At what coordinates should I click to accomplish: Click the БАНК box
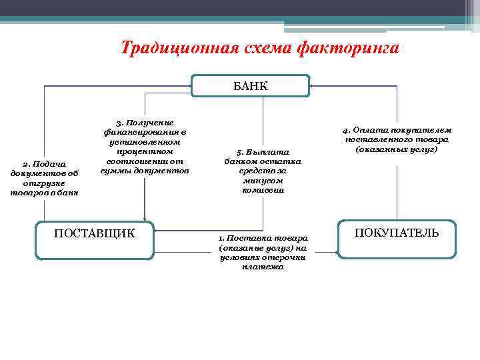(250, 86)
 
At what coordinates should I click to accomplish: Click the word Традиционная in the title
(175, 49)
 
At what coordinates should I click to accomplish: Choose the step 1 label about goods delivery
(263, 252)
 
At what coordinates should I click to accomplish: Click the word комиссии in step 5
(263, 190)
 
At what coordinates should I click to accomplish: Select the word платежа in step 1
(263, 267)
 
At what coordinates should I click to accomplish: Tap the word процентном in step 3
(145, 151)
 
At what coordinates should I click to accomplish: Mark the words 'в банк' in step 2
(67, 193)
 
